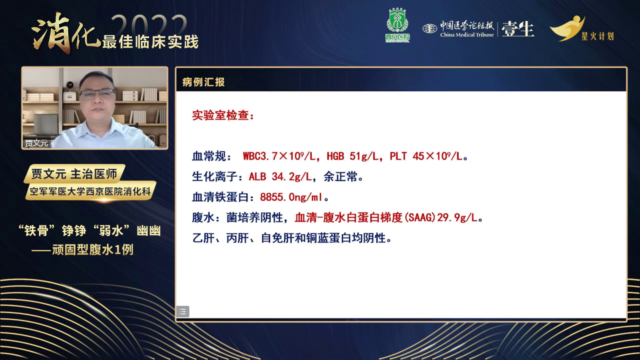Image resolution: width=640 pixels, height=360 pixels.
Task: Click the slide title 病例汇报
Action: point(203,82)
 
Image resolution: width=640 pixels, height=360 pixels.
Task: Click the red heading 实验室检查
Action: point(223,115)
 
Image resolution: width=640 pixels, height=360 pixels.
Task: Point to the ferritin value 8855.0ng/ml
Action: point(291,197)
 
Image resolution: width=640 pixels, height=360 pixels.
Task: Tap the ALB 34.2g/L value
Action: point(280,177)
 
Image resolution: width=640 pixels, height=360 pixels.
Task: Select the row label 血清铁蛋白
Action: point(220,197)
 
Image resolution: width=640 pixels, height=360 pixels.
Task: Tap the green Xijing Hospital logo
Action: point(397,25)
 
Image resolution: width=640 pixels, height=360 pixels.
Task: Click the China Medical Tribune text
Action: point(467,35)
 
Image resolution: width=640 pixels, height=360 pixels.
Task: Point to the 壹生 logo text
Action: point(517,29)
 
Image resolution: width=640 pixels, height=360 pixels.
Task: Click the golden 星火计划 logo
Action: point(581,28)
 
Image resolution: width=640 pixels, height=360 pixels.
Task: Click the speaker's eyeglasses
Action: point(97,93)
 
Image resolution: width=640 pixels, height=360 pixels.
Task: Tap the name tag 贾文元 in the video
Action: point(36,142)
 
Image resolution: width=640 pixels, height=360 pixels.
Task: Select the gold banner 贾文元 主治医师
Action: point(74,173)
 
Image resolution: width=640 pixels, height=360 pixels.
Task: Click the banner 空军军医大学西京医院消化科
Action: point(90,191)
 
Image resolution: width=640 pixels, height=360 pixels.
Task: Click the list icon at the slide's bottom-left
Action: point(183,311)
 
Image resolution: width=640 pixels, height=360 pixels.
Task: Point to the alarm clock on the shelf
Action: point(69,85)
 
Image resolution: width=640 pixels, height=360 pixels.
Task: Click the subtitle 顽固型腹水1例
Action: point(92,249)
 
